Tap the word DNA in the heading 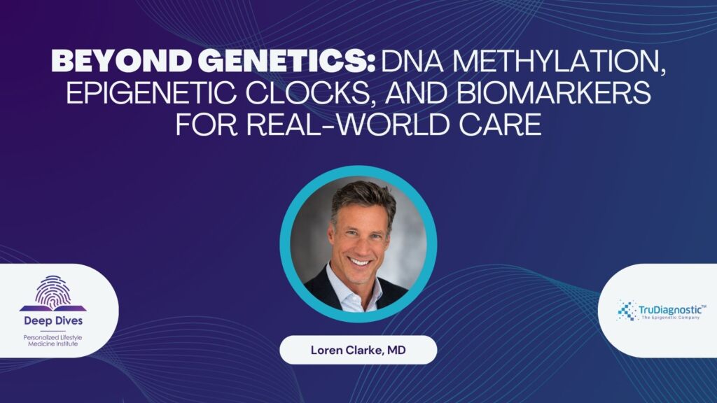point(412,61)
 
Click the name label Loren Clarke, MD point(358,350)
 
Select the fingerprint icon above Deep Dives point(53,293)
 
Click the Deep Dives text point(53,320)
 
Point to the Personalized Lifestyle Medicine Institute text point(53,341)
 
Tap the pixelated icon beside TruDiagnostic point(627,310)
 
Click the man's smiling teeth point(360,262)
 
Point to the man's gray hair point(363,197)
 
